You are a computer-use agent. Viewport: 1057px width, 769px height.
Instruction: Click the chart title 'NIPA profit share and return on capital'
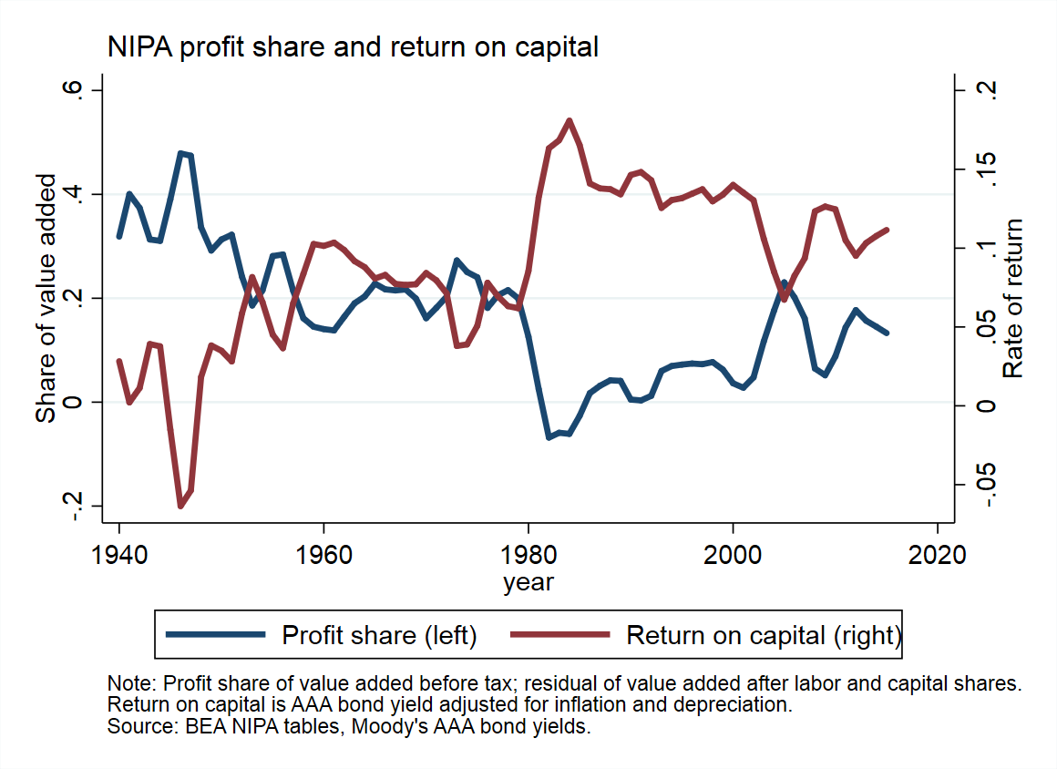coord(353,47)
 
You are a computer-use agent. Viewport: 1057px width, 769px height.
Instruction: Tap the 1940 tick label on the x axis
coord(119,556)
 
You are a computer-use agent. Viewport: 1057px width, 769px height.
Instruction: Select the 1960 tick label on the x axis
coord(324,556)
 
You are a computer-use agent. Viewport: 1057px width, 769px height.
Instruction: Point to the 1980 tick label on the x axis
coord(528,556)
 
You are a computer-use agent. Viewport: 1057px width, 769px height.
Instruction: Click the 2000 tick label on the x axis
coord(733,556)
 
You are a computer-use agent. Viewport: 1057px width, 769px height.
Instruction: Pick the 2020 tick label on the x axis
coord(938,556)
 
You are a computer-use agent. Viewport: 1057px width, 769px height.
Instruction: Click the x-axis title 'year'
coord(528,581)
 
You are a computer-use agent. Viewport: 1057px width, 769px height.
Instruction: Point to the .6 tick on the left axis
coord(72,90)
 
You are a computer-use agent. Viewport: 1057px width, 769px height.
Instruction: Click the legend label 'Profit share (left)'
coord(379,635)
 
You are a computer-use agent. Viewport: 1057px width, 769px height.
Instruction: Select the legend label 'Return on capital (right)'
coord(764,635)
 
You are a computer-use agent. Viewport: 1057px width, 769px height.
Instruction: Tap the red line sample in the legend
coord(559,635)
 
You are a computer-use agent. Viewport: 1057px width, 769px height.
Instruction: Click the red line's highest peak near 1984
coord(570,120)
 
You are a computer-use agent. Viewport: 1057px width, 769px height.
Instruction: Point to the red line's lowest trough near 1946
coord(180,506)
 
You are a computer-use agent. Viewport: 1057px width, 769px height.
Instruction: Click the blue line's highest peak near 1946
coord(181,153)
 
